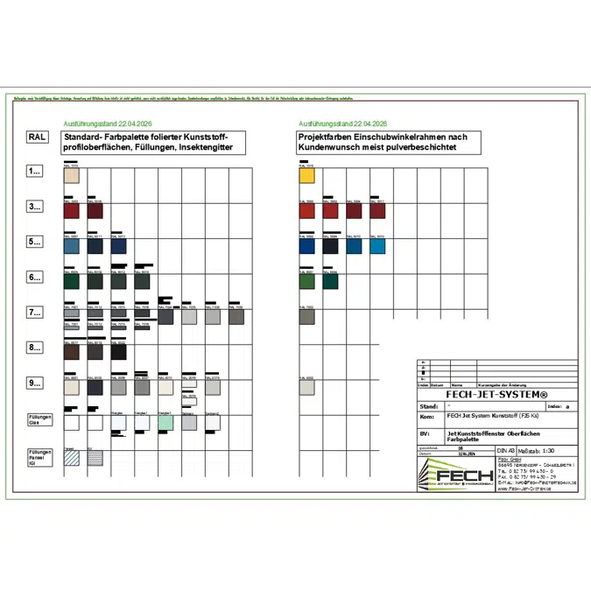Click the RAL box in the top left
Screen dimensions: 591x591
tap(37, 137)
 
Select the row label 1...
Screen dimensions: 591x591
tap(35, 172)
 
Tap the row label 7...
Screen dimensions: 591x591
tap(35, 313)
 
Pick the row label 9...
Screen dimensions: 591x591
tap(35, 383)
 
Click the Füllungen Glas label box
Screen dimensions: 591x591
tap(40, 419)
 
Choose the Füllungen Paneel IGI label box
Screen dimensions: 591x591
tap(40, 456)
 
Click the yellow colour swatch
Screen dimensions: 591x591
tap(306, 175)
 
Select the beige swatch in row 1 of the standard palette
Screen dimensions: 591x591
tap(72, 175)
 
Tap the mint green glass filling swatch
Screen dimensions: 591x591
tap(165, 423)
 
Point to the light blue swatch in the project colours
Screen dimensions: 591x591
tap(377, 246)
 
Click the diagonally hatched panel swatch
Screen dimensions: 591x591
tap(72, 458)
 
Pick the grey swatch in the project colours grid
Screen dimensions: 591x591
tap(306, 317)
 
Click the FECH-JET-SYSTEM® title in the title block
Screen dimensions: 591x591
tap(496, 395)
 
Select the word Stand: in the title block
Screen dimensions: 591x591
tap(429, 406)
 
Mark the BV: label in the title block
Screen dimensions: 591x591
tap(426, 433)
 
